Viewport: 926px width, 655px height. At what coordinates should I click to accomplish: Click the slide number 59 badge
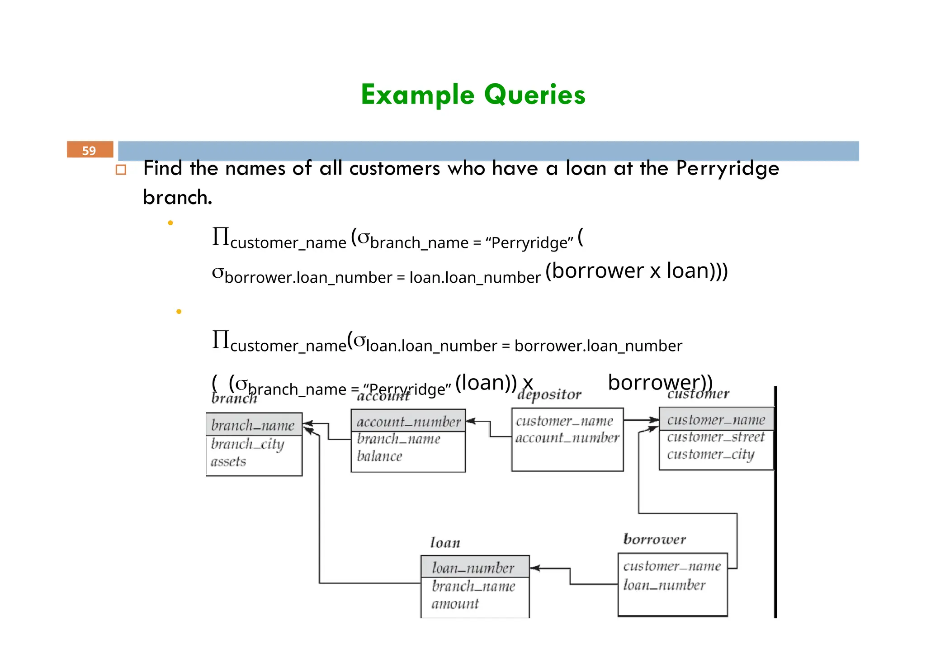90,150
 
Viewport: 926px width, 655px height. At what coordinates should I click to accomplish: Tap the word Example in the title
417,95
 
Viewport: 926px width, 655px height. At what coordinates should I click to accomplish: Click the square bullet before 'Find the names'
121,170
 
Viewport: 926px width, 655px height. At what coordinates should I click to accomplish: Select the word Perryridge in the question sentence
728,168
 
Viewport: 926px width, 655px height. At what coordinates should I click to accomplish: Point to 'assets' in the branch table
228,461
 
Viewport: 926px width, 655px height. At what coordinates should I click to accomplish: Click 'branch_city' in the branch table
247,444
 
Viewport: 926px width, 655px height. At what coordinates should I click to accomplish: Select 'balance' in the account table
379,456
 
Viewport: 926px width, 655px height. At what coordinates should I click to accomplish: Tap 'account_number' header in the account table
408,422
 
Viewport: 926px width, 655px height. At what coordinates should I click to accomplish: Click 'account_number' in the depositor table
567,438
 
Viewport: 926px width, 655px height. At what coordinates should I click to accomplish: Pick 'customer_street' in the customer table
716,437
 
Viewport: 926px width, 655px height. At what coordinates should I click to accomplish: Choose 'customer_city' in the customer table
710,454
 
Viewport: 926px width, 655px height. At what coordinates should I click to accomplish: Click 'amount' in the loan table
455,604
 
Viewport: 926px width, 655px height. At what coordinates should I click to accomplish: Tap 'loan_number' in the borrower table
664,585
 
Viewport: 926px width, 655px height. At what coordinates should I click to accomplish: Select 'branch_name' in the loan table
473,586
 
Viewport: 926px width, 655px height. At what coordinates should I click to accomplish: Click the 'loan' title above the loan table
445,542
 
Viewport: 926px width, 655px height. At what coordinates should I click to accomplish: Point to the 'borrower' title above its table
654,539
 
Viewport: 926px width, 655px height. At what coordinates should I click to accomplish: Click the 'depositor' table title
549,394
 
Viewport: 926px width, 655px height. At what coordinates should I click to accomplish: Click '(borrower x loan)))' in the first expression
636,271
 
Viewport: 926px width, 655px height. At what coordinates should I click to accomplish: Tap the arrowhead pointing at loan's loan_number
534,568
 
